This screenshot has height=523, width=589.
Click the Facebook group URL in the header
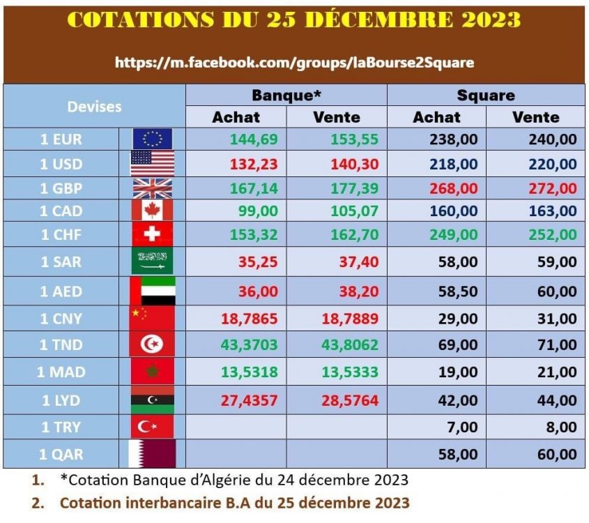click(294, 62)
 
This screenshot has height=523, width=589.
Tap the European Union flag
click(152, 139)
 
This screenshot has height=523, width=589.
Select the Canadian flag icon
click(152, 211)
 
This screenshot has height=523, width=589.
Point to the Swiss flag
click(152, 234)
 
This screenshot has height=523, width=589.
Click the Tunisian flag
click(152, 344)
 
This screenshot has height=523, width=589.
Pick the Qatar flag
click(152, 454)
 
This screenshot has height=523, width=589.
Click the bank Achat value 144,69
click(254, 139)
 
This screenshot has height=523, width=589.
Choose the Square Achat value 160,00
click(455, 211)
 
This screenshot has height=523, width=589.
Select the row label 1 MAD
click(60, 372)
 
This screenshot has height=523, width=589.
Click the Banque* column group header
click(286, 96)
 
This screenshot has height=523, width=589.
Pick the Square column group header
click(486, 96)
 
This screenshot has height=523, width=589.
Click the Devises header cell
click(94, 107)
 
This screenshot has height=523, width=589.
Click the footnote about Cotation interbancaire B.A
click(234, 502)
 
